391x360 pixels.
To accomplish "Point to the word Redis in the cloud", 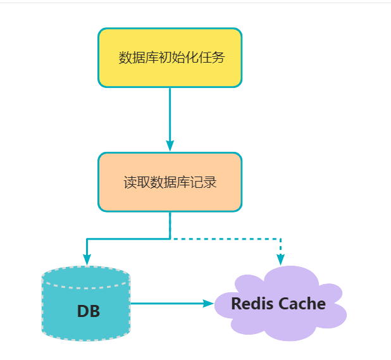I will point(253,304).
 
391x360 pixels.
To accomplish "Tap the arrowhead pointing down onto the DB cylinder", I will point(87,259).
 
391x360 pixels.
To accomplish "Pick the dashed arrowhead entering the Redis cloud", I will point(280,259).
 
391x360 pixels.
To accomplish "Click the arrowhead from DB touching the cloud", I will point(209,304).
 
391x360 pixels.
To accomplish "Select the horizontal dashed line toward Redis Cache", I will point(228,239).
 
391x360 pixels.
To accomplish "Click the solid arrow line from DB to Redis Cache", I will point(168,304).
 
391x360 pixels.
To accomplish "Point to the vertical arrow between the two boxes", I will point(170,117).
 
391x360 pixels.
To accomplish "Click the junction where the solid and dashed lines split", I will point(170,239).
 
